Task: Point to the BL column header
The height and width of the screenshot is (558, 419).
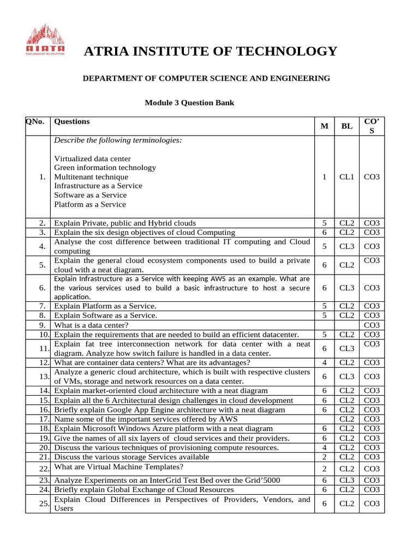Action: [346, 126]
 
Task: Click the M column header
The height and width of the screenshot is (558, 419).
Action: [325, 126]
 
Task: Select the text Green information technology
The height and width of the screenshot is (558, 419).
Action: [105, 168]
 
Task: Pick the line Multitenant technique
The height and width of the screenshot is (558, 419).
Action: [91, 177]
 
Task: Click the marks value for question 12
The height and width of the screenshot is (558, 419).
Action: [324, 362]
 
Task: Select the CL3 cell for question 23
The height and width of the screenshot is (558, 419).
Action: [346, 480]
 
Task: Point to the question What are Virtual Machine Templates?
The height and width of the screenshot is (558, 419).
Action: [118, 466]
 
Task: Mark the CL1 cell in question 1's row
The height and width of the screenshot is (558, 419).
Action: [346, 177]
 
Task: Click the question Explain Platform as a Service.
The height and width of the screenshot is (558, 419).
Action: [105, 306]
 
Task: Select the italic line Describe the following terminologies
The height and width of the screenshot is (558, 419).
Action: [118, 140]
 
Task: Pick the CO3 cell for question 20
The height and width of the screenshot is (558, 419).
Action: [372, 447]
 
